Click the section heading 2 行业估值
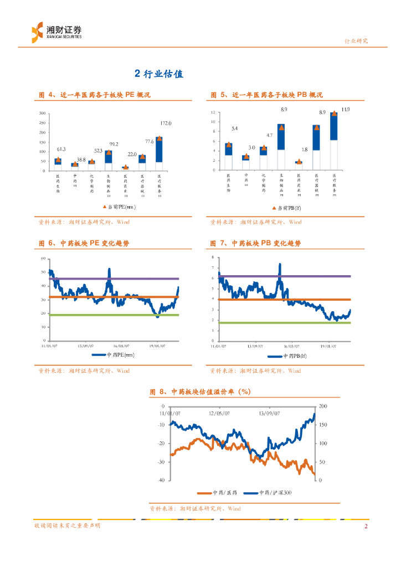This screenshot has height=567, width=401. click(x=159, y=73)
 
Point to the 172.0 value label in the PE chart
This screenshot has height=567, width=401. click(x=166, y=123)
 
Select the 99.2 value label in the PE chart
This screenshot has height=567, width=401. click(x=114, y=144)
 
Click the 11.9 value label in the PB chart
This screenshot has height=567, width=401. click(x=346, y=110)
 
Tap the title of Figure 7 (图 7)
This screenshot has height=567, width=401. click(x=256, y=244)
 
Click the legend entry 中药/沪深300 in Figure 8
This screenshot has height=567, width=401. click(x=270, y=492)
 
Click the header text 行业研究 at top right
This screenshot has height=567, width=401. click(x=356, y=41)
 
